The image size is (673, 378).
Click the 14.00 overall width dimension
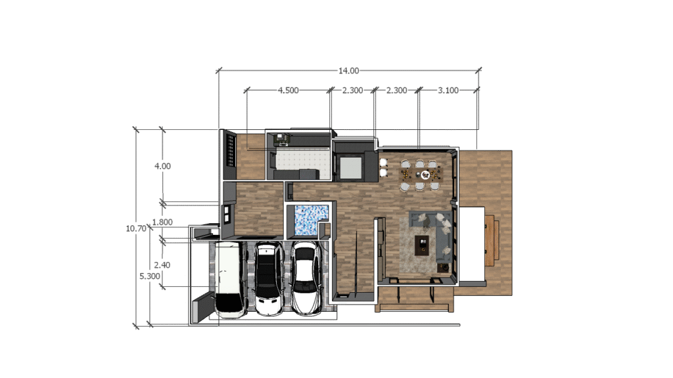coord(348,71)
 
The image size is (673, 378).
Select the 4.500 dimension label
coord(288,91)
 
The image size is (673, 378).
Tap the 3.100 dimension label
coord(448,91)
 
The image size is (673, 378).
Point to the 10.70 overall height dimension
coord(136,228)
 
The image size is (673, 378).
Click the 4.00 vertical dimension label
coord(163,166)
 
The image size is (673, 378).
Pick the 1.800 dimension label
coord(162,222)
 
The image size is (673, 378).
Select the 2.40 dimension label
coord(162,265)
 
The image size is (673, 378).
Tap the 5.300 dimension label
coord(150,276)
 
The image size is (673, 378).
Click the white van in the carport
coord(231,280)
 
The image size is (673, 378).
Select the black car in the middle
coord(268,279)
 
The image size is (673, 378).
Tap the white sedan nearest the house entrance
coord(306,279)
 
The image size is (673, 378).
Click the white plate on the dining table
coord(426,175)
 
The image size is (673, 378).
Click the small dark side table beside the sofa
coord(444,268)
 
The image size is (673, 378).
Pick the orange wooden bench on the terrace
coord(492,240)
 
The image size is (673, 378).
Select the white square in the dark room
coord(351,167)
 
